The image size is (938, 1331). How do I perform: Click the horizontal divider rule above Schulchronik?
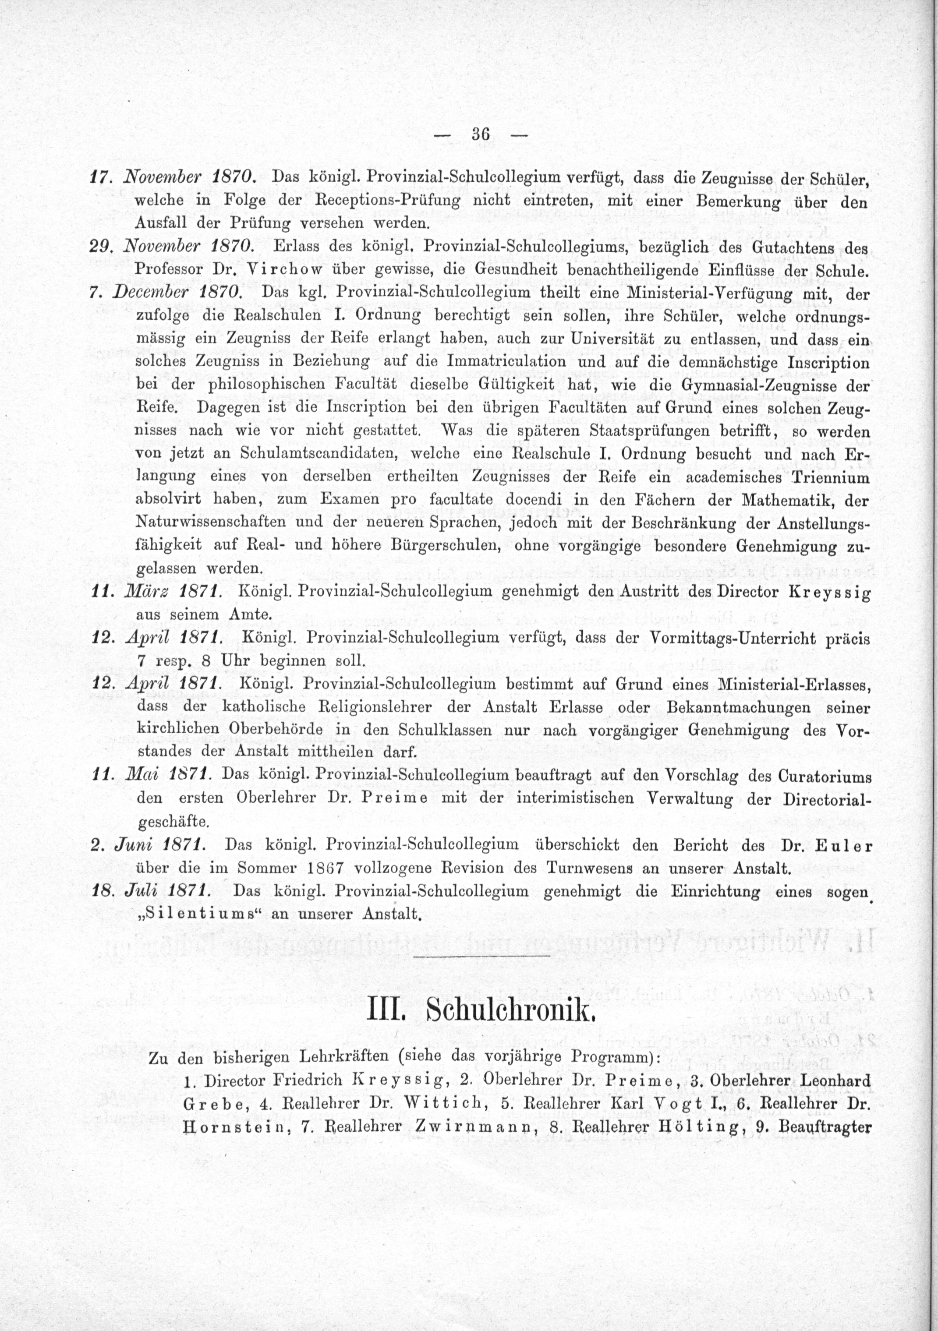[x=482, y=955]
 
